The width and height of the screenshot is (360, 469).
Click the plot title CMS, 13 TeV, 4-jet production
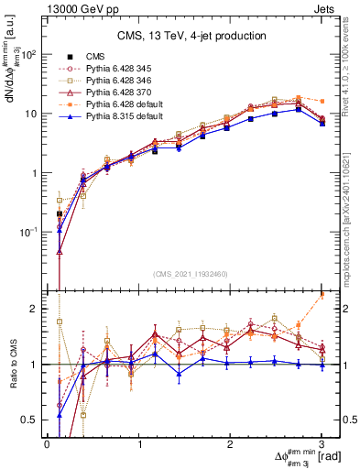tap(191, 36)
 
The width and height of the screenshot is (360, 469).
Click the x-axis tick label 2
tap(231, 442)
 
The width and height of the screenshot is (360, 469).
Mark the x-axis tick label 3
tap(322, 442)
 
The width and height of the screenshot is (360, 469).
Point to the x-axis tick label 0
tap(48, 442)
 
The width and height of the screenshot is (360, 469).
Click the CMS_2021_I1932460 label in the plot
tap(191, 272)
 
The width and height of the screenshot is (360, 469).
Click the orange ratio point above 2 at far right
tap(322, 295)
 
